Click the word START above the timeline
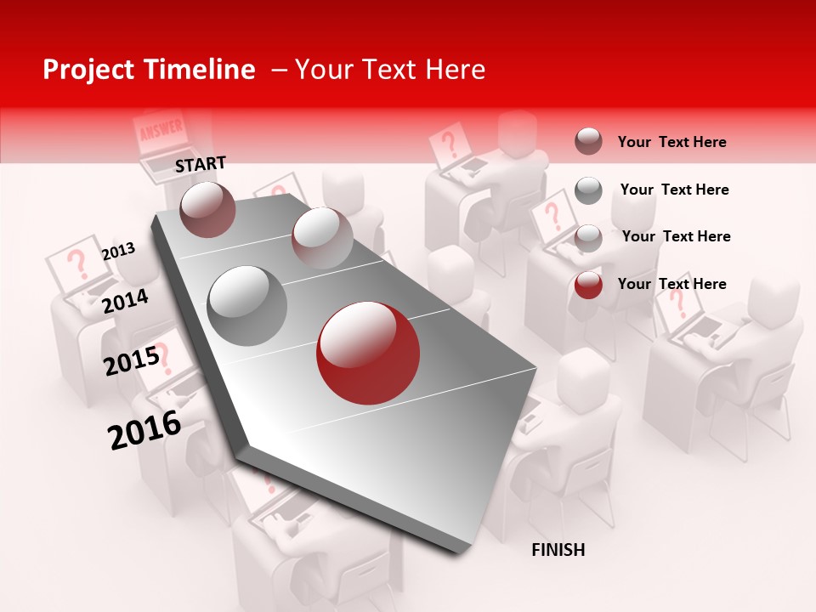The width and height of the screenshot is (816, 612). tap(201, 164)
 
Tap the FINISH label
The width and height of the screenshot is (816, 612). tap(558, 550)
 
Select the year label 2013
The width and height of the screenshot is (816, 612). tap(118, 252)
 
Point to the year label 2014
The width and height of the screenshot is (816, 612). tap(125, 301)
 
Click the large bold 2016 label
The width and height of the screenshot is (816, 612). tap(144, 429)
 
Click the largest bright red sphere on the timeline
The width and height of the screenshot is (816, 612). tap(367, 353)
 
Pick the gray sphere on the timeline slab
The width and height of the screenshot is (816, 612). tap(247, 305)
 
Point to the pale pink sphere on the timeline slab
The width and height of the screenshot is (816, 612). tap(322, 238)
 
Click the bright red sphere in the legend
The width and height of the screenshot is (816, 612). tap(588, 285)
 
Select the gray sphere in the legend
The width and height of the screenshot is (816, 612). tap(588, 190)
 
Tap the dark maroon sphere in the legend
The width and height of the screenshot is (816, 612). tap(588, 141)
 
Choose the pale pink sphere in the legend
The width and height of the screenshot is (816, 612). tap(588, 238)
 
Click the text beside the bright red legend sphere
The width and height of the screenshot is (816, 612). tap(671, 284)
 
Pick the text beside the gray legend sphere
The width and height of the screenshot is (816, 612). tap(674, 190)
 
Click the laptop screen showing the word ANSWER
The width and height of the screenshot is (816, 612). tap(160, 132)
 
